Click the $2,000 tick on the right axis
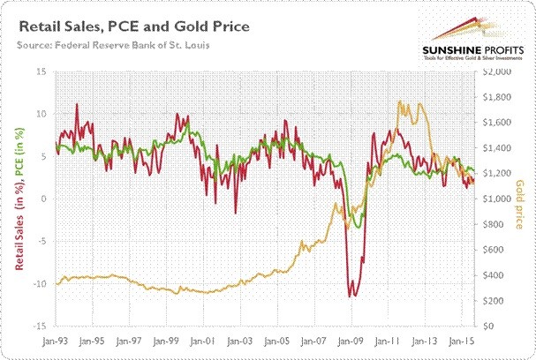(496, 71)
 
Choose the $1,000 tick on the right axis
(496, 199)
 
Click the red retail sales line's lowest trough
(351, 296)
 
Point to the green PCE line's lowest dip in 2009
(358, 228)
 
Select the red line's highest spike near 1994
(76, 104)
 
